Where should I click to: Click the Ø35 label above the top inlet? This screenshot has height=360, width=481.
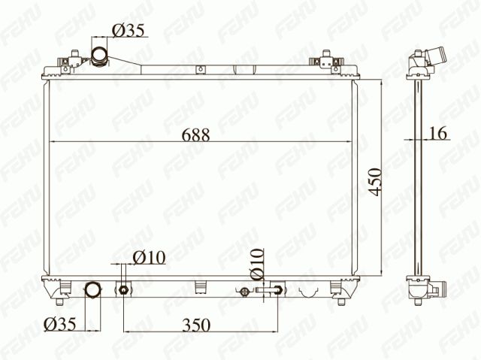pos(128,30)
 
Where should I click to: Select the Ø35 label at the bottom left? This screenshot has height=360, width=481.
pos(59,324)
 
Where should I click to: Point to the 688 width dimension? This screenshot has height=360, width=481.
pos(195,135)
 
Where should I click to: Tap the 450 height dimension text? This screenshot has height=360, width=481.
pos(376,182)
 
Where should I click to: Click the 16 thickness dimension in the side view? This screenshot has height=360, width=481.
pos(437,133)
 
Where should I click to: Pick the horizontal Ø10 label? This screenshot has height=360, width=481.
pos(150,257)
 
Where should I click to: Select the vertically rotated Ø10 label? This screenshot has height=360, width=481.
pos(257,264)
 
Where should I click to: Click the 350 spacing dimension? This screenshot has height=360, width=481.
pos(196,325)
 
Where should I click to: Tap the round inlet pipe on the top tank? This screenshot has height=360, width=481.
pos(100,56)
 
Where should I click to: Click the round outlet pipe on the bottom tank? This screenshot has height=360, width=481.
pos(92,290)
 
